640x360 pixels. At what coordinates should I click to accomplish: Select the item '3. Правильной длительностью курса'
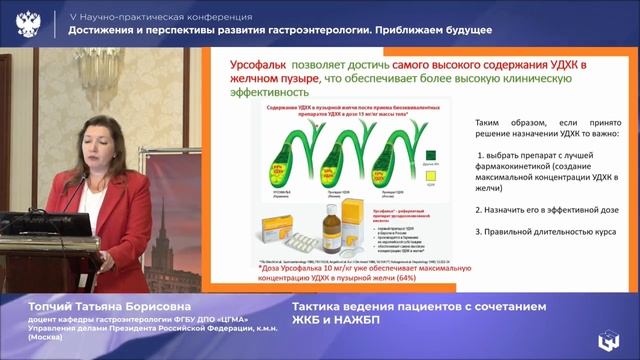tap(545, 233)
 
